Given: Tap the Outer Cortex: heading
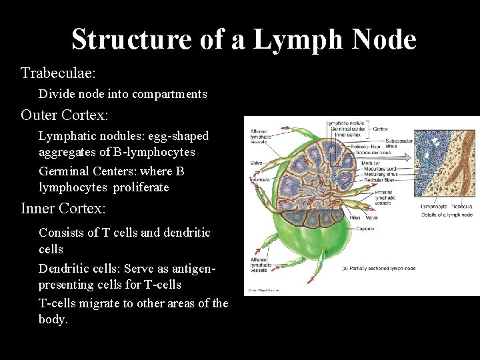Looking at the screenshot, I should (65, 115).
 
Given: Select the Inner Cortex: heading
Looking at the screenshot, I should (63, 208).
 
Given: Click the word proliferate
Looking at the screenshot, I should (141, 187).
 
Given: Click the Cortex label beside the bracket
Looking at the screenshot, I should (381, 129).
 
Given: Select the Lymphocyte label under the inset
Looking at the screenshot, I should (433, 207).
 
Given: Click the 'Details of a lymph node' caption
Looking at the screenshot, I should (447, 215).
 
